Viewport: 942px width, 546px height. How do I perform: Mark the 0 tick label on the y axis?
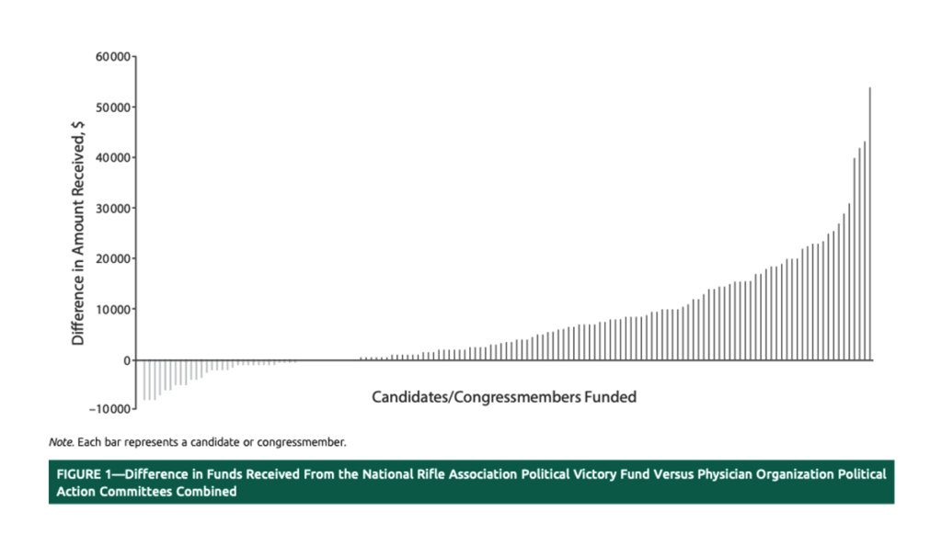128,360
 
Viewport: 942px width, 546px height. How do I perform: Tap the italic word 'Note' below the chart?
61,442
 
